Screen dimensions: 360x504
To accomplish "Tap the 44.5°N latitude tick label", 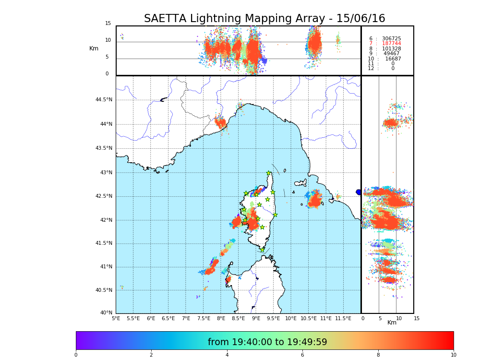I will click(103, 100).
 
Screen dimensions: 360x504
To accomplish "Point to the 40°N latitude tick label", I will click(106, 313).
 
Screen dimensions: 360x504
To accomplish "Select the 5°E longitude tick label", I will click(116, 318).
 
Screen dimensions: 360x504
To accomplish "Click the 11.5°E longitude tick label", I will click(343, 318).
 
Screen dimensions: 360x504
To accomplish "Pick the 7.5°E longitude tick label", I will click(204, 318).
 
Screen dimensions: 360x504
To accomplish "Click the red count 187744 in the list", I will click(391, 44).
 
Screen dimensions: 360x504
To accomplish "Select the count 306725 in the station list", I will click(391, 38).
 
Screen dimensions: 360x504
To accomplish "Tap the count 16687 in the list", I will click(393, 59).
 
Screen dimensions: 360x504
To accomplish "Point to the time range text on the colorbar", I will click(267, 342).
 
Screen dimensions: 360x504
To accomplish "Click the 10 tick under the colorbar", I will click(453, 355).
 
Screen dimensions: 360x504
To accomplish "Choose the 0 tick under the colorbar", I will click(76, 355).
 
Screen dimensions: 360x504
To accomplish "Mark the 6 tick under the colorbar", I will click(302, 355).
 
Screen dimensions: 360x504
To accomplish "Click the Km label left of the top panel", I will click(94, 48).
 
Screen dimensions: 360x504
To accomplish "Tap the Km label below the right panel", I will click(392, 323).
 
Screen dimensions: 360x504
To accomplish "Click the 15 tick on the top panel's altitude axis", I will click(108, 24).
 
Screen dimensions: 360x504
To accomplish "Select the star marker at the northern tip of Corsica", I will click(269, 173).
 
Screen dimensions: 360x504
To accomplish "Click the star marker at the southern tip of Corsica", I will click(263, 250).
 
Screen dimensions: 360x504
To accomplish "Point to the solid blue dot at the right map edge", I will click(358, 192).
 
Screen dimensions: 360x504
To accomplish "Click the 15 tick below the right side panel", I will click(417, 318).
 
